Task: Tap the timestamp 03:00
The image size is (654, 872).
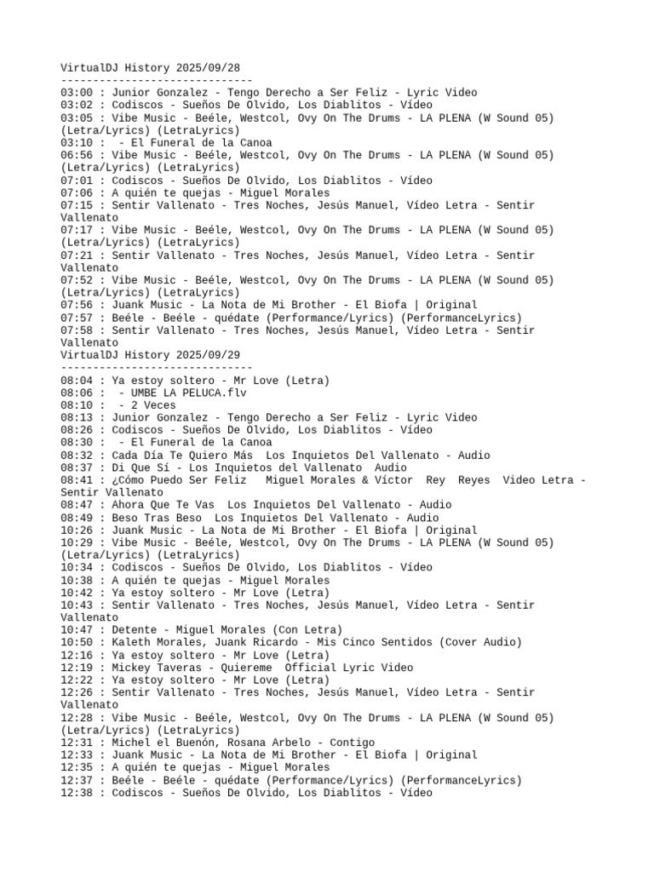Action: coord(77,92)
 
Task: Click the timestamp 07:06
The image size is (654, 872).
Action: coord(77,192)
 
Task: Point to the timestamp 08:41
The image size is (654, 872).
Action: coord(77,480)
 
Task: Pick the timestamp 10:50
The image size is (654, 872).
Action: coord(77,643)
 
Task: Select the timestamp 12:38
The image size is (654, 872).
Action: coord(77,793)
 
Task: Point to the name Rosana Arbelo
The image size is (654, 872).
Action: coord(263,743)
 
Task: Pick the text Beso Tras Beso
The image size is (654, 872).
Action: coord(156,518)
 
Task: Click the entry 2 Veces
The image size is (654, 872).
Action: coord(152,405)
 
